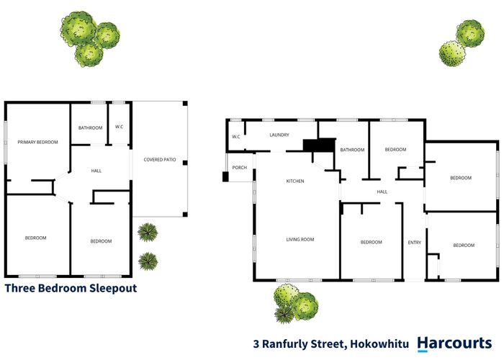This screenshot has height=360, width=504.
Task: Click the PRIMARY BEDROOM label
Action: (x=37, y=143)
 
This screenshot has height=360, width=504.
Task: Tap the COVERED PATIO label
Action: (x=160, y=159)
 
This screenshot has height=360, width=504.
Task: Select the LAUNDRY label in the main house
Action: (x=279, y=135)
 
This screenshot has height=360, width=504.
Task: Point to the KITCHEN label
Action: (x=295, y=181)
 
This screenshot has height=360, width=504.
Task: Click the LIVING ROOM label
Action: (x=300, y=240)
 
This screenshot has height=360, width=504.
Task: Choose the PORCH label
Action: (x=239, y=168)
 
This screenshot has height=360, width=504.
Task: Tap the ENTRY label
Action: (x=414, y=243)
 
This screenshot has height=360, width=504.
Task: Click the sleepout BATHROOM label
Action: (x=91, y=127)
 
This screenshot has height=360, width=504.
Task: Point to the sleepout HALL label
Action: (x=96, y=171)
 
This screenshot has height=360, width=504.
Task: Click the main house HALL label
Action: (x=382, y=192)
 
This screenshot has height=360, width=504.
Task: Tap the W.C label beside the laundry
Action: (x=235, y=137)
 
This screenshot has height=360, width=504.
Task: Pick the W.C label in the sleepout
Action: (x=120, y=127)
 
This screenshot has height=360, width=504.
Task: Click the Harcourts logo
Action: (x=455, y=343)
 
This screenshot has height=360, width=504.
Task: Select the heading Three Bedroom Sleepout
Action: (x=71, y=289)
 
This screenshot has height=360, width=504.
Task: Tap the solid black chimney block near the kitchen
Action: (x=318, y=145)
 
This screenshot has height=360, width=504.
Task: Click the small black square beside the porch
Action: (x=225, y=176)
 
